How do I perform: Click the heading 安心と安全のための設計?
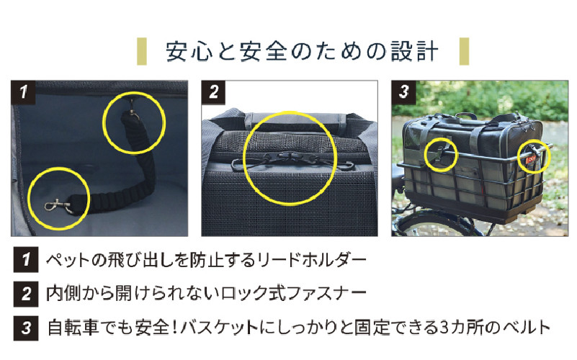tap(302, 51)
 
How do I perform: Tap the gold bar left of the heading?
tap(142, 51)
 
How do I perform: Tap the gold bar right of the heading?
tap(465, 51)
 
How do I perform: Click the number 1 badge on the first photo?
tap(23, 92)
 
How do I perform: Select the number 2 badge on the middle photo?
tap(214, 92)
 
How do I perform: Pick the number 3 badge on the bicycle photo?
tap(403, 92)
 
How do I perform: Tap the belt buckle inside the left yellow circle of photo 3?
tap(441, 153)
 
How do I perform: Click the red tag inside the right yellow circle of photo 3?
tap(532, 160)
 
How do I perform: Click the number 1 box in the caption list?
tap(26, 260)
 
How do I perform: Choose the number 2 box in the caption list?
tap(26, 294)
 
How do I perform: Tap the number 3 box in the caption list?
tap(26, 328)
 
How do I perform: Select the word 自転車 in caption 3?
tap(73, 328)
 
